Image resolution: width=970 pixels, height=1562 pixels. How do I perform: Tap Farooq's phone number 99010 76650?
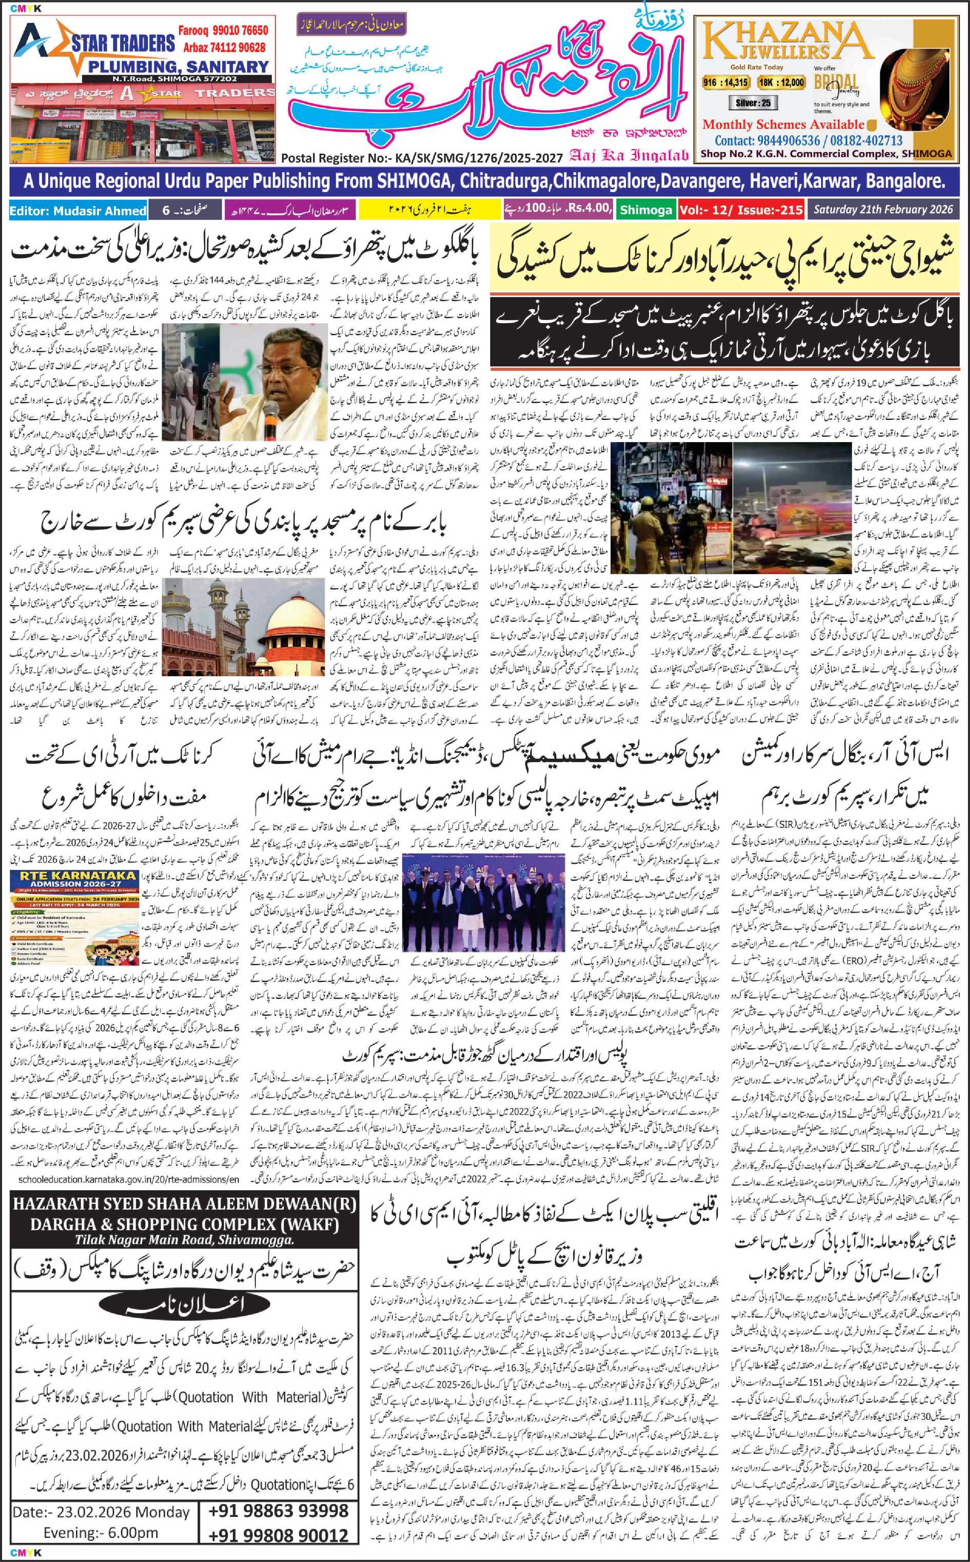pyautogui.click(x=228, y=31)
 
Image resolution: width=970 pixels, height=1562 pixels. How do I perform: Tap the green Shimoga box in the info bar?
pyautogui.click(x=645, y=210)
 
